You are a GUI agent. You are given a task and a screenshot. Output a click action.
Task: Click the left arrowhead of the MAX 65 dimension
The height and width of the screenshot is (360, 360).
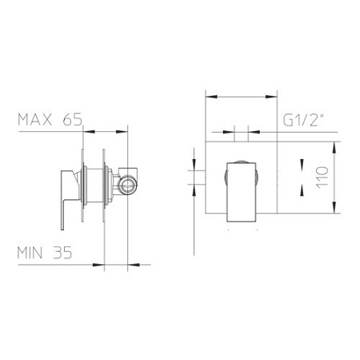coord(84,130)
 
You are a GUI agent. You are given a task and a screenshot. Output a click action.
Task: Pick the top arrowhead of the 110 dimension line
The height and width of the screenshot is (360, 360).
coord(335,146)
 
